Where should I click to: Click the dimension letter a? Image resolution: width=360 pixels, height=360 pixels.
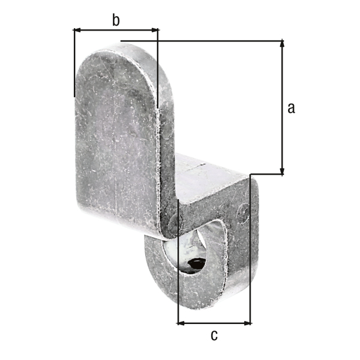[291, 108]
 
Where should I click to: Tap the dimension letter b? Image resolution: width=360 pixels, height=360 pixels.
[116, 20]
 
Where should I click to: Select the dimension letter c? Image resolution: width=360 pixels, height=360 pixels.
[214, 335]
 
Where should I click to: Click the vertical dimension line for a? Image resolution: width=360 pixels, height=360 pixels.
[282, 108]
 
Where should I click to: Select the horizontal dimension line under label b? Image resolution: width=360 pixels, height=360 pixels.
[116, 29]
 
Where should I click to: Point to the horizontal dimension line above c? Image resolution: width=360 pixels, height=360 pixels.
[214, 323]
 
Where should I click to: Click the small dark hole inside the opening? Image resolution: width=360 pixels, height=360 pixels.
[195, 263]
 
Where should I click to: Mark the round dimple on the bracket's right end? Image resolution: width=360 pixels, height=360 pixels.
[242, 211]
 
